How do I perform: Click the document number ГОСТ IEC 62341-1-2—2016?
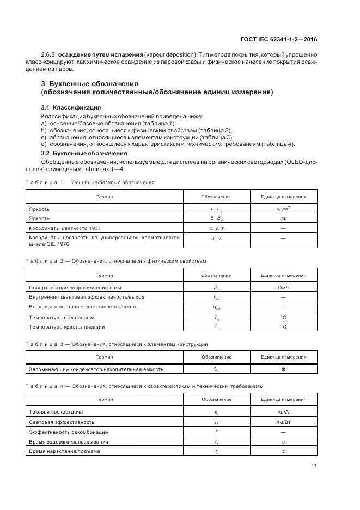279,39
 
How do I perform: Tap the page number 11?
314,465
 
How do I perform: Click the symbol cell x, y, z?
216,228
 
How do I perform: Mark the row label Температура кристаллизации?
66,327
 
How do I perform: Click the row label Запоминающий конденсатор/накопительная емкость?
96,369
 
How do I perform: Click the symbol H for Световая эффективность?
216,422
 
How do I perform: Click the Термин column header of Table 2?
104,275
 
